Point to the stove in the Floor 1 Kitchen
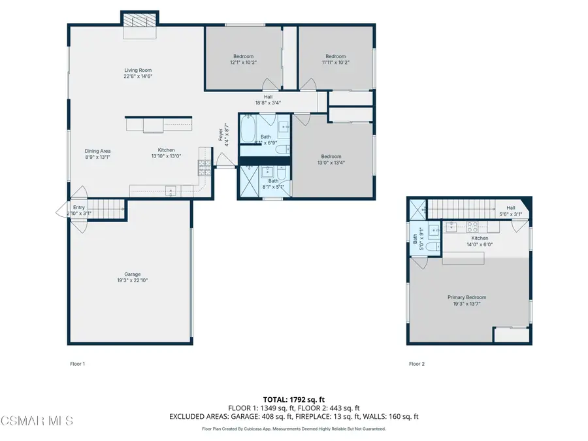click(203, 167)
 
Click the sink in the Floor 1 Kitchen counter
click(171, 191)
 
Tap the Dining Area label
click(96, 151)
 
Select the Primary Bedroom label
click(466, 297)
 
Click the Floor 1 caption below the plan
click(78, 364)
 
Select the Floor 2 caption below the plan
click(417, 364)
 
